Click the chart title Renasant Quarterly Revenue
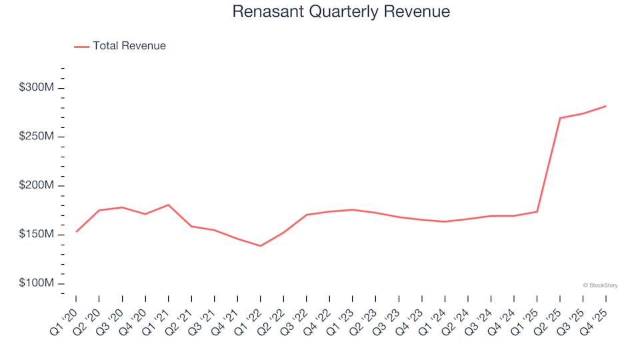click(341, 12)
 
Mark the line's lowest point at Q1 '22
click(260, 246)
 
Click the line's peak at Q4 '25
click(605, 106)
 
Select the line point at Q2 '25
click(559, 118)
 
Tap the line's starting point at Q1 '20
click(76, 231)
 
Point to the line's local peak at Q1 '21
click(168, 205)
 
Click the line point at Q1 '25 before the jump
click(537, 211)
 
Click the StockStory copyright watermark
click(600, 285)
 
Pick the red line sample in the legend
click(81, 46)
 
